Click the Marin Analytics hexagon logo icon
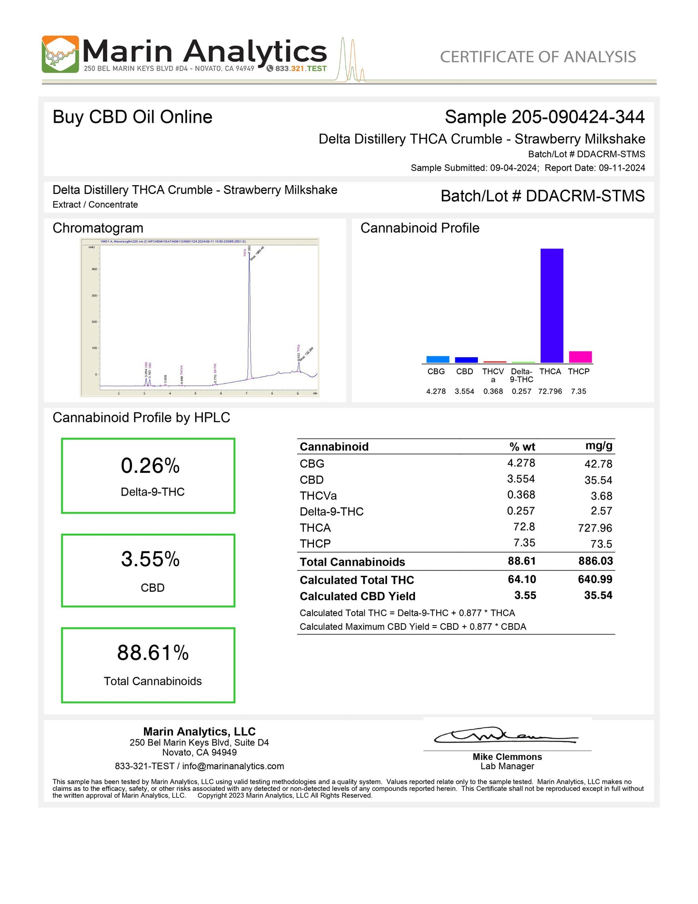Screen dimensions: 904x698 [x=60, y=54]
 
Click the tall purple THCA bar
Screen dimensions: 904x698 [x=552, y=306]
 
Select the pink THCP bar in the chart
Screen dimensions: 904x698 [x=580, y=357]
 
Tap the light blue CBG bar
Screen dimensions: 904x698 [x=438, y=359]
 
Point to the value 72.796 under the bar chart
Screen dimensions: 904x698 [x=550, y=391]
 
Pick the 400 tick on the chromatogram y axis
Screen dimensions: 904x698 [x=94, y=269]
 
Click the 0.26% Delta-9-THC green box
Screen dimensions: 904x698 [x=148, y=476]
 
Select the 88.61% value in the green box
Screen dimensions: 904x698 [x=153, y=653]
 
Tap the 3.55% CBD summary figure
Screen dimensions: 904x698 [x=150, y=559]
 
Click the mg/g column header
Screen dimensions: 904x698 [x=599, y=446]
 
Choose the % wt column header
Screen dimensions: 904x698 [x=522, y=447]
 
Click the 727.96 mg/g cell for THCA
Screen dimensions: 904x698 [x=595, y=528]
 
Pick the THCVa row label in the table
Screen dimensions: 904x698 [x=318, y=496]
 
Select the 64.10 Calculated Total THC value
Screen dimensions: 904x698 [x=522, y=579]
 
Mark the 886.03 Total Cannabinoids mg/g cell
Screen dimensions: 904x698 [x=596, y=561]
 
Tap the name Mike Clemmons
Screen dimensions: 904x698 [x=507, y=757]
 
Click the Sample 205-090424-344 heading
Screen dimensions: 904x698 [x=544, y=117]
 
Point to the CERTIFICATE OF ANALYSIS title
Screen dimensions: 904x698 [x=538, y=57]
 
